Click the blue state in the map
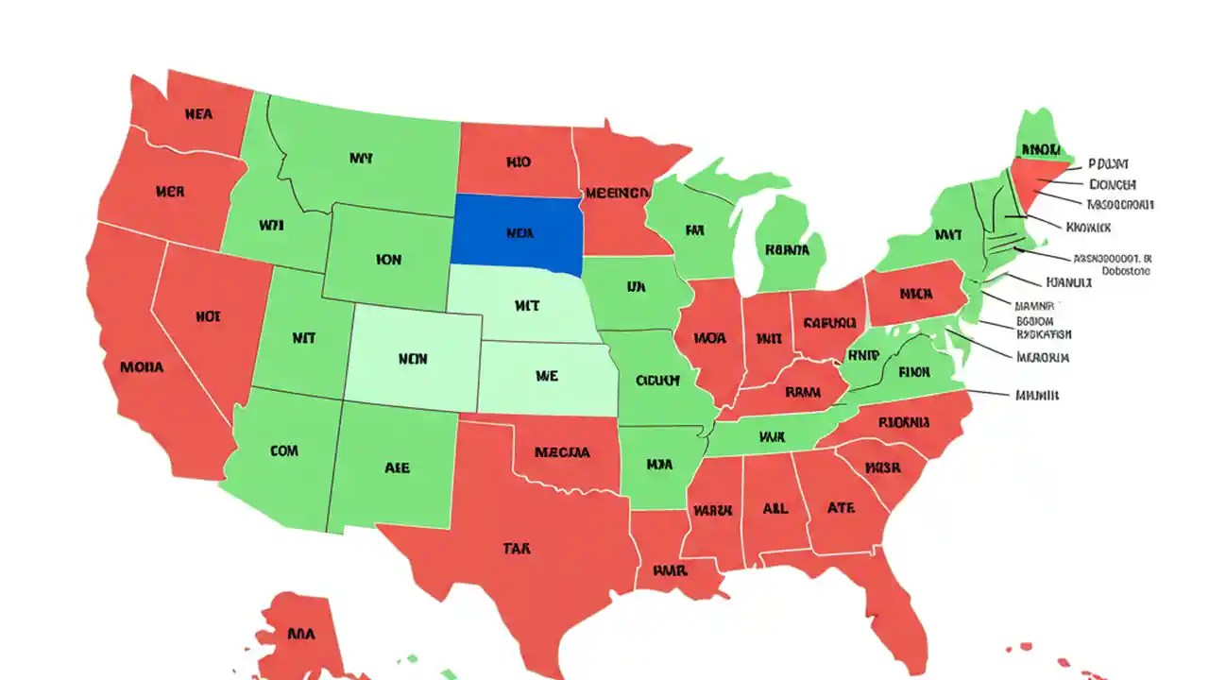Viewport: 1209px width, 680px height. (x=517, y=230)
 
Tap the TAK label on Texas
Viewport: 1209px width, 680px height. (x=516, y=549)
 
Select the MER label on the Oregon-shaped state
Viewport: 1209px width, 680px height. (x=170, y=192)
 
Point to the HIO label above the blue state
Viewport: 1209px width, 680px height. (x=518, y=162)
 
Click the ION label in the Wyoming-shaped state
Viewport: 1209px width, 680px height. (x=388, y=259)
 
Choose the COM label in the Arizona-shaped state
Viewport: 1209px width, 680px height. (x=283, y=451)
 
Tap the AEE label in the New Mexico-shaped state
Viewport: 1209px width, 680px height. (x=397, y=467)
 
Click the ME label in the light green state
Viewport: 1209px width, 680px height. (x=546, y=376)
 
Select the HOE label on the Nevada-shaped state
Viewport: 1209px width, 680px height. (x=208, y=317)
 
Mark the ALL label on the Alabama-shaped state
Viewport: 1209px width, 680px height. (x=775, y=508)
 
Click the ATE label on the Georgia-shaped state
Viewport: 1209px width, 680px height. (x=841, y=507)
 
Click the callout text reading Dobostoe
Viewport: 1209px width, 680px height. (x=1120, y=271)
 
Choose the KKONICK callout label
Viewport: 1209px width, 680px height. (x=1088, y=228)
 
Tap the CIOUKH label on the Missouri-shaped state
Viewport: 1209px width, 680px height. (x=657, y=381)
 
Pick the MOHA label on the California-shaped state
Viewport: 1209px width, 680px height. (x=142, y=366)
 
